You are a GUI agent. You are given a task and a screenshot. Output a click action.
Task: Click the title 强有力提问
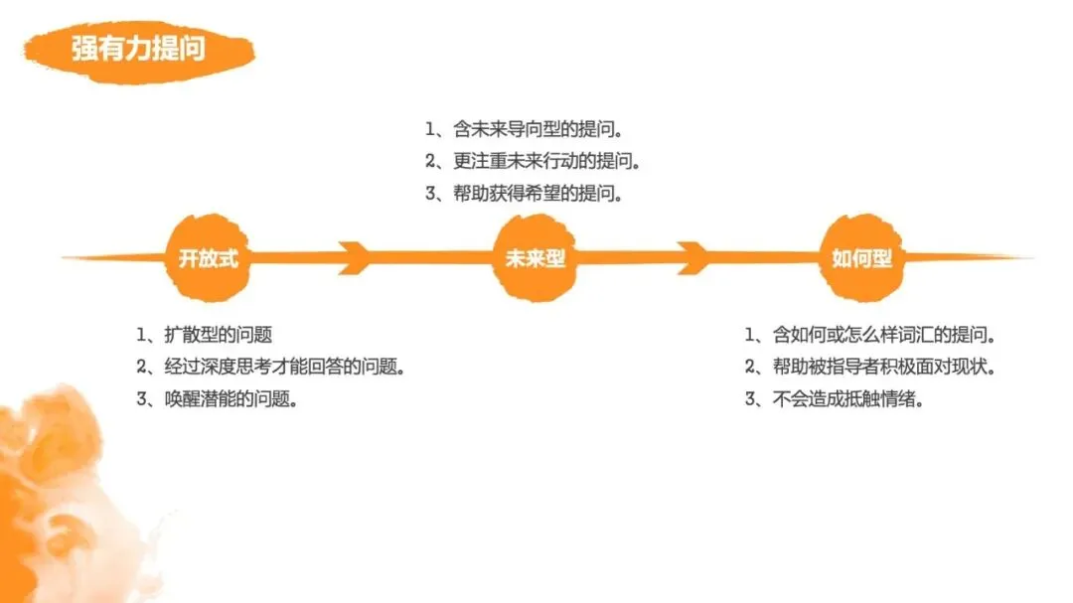pos(138,49)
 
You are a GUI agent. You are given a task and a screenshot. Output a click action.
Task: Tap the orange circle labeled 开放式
pos(209,259)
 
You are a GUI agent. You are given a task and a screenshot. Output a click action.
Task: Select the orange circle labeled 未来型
pos(536,259)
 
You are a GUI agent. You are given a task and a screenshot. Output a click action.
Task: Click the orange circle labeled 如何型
pos(861,259)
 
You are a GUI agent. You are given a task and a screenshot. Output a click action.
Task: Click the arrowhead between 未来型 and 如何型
pos(692,258)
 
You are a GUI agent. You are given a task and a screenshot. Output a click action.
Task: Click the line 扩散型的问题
pos(218,335)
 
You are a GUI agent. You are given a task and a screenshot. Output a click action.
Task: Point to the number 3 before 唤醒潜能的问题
pos(142,399)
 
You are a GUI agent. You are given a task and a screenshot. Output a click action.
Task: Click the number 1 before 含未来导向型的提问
pos(430,129)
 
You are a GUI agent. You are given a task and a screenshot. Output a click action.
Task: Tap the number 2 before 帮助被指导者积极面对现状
pos(750,367)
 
